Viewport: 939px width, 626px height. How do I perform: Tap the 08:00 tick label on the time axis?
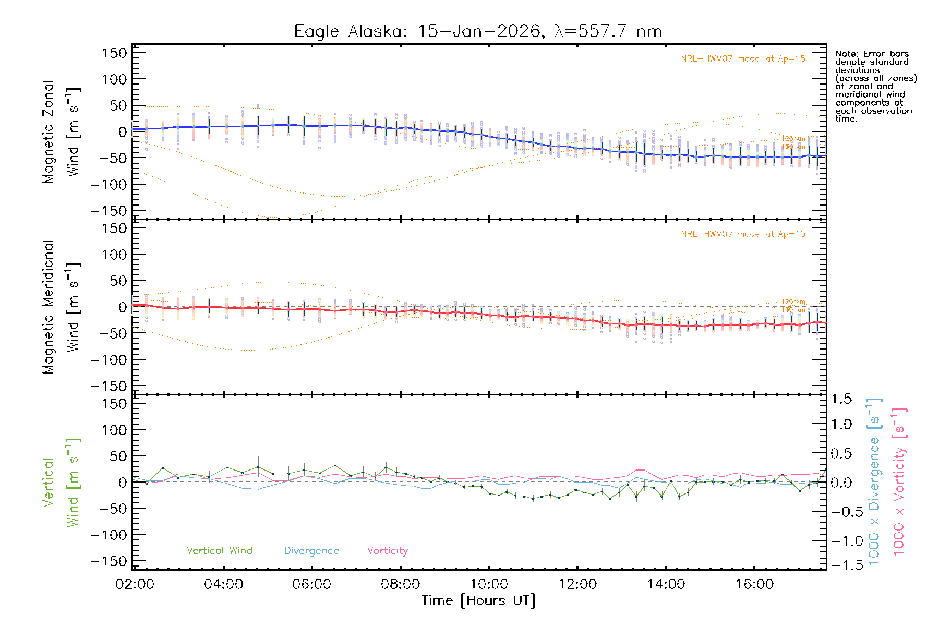[400, 584]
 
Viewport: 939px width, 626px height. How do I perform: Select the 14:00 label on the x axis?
[666, 584]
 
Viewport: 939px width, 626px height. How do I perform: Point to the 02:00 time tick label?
[135, 584]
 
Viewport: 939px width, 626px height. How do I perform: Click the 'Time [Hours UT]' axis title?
[478, 600]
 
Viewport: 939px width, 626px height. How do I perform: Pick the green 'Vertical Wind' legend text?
[219, 550]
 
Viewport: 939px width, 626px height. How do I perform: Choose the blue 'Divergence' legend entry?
[311, 550]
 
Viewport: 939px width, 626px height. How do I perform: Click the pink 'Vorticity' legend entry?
[387, 550]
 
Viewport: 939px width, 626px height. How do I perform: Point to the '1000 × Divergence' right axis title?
[874, 483]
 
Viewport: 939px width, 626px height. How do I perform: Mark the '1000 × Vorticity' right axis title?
[899, 483]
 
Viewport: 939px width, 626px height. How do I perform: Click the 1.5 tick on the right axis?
[841, 399]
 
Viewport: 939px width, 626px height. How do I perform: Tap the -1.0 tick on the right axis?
[841, 541]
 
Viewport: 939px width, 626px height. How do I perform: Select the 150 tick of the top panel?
[114, 53]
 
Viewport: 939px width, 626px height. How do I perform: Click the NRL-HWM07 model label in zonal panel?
[743, 58]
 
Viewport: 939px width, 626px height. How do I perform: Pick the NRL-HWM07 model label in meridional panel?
[743, 234]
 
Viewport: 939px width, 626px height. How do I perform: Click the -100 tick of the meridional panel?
[109, 359]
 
